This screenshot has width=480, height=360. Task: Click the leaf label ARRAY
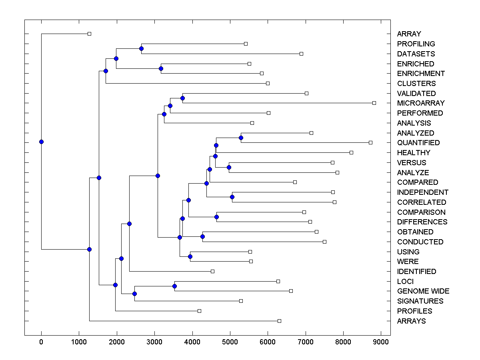click(409, 34)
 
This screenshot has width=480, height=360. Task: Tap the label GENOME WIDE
click(423, 291)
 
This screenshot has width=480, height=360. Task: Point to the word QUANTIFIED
click(418, 143)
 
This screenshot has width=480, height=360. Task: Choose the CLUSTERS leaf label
click(416, 84)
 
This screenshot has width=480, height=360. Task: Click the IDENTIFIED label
click(416, 272)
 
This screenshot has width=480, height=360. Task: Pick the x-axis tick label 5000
click(230, 342)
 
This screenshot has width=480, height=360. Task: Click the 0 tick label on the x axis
click(41, 342)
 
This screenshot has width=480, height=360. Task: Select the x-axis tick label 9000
click(381, 342)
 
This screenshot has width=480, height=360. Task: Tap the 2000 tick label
click(117, 342)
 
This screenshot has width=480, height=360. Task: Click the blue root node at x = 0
click(41, 142)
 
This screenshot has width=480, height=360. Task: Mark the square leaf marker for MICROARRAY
click(374, 103)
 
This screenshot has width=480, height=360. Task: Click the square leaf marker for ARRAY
click(89, 34)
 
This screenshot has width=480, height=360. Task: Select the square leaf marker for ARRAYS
click(279, 321)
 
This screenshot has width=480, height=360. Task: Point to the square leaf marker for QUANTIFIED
click(370, 142)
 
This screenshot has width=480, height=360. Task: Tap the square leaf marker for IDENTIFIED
click(212, 271)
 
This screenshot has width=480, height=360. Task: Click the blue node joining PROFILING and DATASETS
click(141, 48)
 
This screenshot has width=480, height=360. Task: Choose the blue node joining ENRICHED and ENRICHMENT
click(161, 68)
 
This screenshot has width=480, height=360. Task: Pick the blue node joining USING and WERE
click(190, 256)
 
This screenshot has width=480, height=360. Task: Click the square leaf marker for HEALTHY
click(351, 152)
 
